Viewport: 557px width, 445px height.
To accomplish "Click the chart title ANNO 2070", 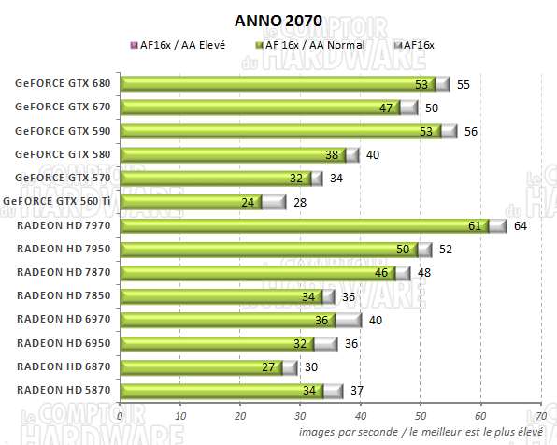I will point(278,20).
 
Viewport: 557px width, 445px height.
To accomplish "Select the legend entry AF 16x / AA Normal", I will point(313,44).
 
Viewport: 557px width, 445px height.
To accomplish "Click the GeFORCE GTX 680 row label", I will point(63,84).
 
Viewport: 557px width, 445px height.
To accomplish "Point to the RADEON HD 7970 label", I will point(64,225).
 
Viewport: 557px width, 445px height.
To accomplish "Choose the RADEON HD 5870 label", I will point(64,390).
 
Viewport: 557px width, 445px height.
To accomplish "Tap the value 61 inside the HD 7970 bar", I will point(475,225).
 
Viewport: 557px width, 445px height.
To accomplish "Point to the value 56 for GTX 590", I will point(470,131).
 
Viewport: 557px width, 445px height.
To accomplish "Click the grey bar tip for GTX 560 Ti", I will point(274,202).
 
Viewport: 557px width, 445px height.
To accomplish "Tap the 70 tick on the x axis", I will point(540,416).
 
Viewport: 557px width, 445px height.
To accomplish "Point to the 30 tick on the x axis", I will point(300,416).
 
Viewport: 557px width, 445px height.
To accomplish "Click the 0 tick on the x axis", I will point(121,416).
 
